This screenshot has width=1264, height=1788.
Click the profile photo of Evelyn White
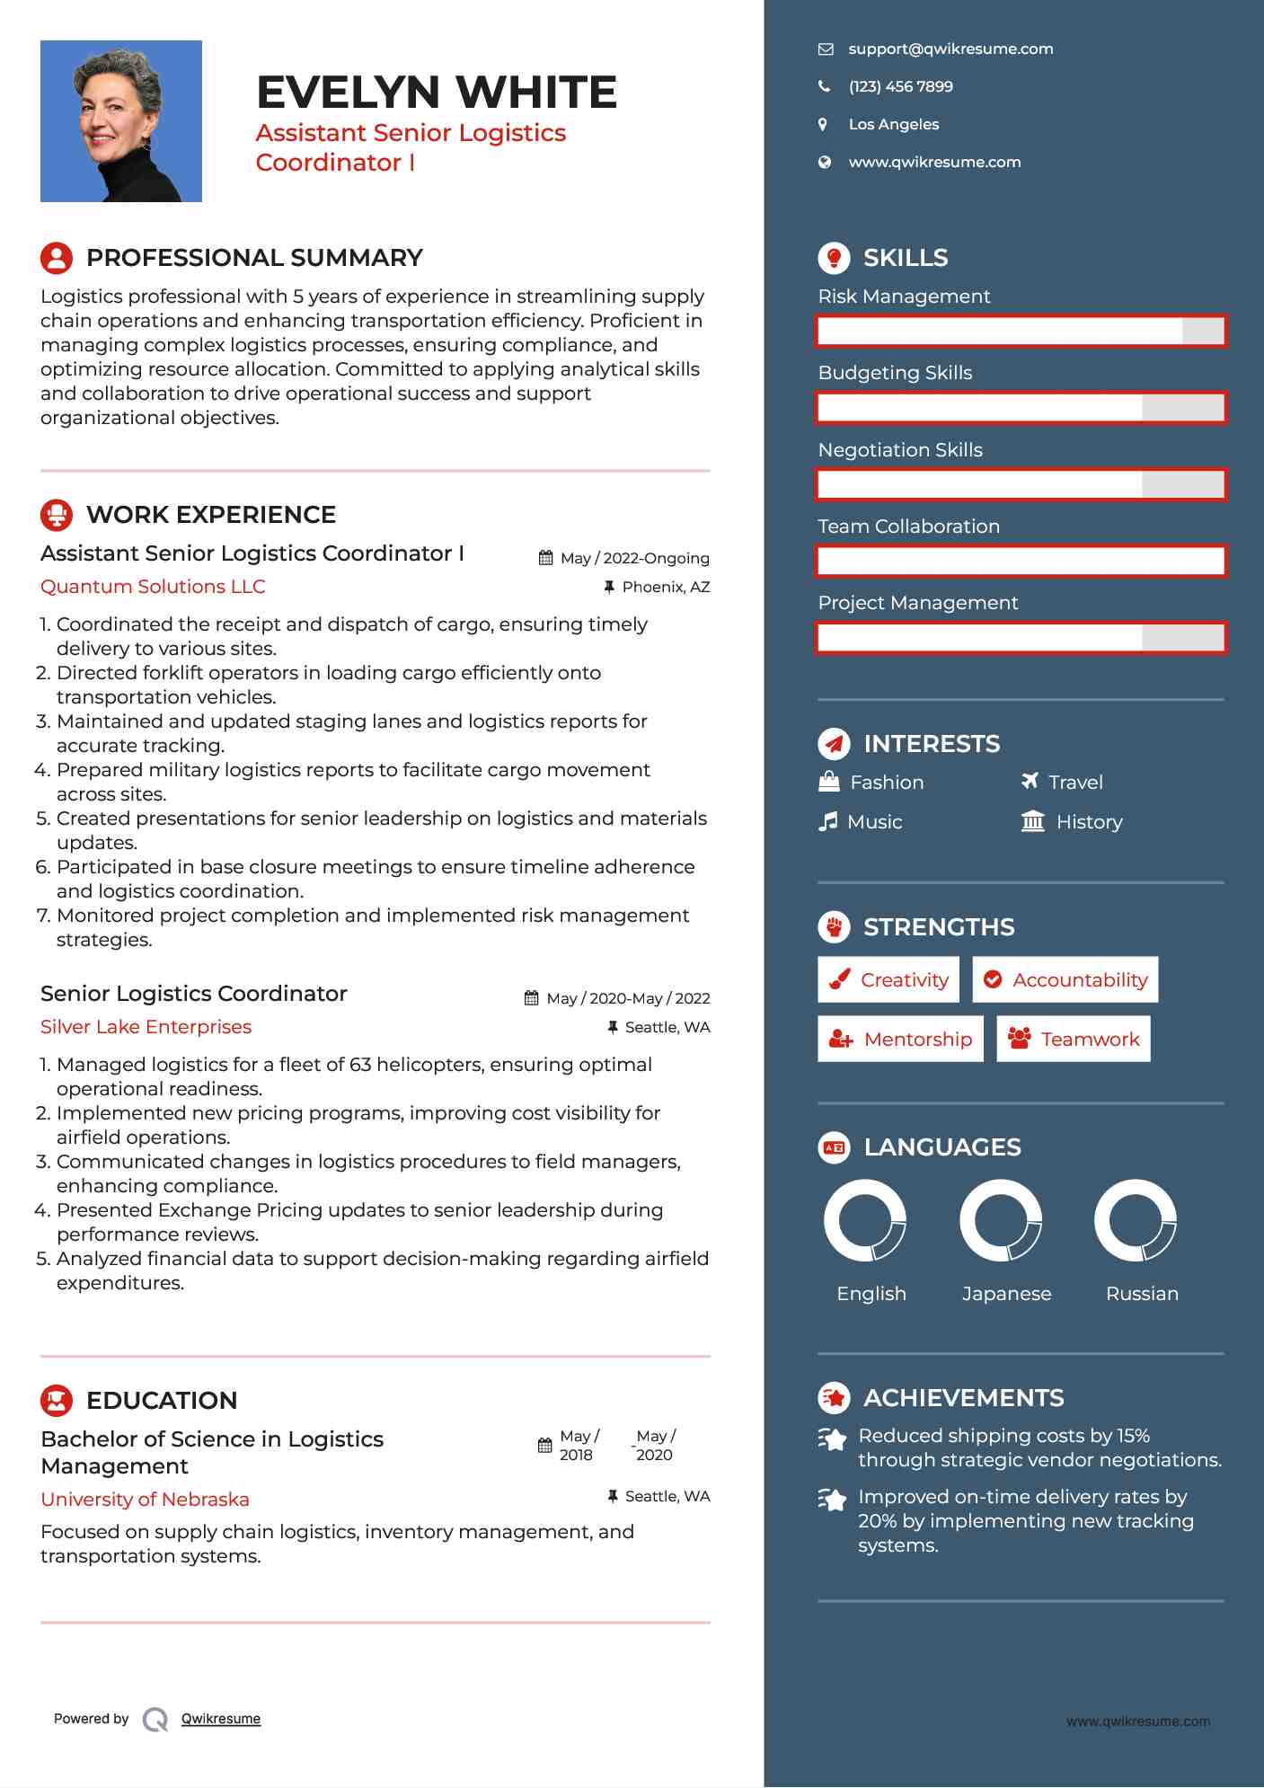(120, 121)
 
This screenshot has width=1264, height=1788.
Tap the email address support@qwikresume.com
(950, 49)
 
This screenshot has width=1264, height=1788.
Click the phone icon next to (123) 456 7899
(824, 86)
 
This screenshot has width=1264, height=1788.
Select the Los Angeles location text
(893, 124)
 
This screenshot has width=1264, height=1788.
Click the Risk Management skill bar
(1021, 331)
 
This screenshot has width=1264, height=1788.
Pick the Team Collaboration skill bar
(1021, 561)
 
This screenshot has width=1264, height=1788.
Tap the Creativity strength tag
(888, 979)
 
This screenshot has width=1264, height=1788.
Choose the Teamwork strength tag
(1073, 1039)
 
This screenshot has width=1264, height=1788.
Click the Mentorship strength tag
(900, 1039)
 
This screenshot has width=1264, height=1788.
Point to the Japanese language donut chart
(1000, 1220)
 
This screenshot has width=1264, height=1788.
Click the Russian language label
(1141, 1293)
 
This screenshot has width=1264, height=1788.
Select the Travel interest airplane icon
(1030, 781)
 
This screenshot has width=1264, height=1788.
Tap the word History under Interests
(1089, 821)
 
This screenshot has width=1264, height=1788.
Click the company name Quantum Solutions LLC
(153, 586)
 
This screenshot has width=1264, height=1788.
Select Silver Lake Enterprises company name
(146, 1026)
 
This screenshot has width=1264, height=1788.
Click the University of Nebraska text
(145, 1499)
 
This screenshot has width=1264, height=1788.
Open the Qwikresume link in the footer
(220, 1718)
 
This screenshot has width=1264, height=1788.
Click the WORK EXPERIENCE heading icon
(57, 515)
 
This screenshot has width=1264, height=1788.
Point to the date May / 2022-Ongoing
(634, 558)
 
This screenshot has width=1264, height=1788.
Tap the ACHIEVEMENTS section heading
(963, 1397)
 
